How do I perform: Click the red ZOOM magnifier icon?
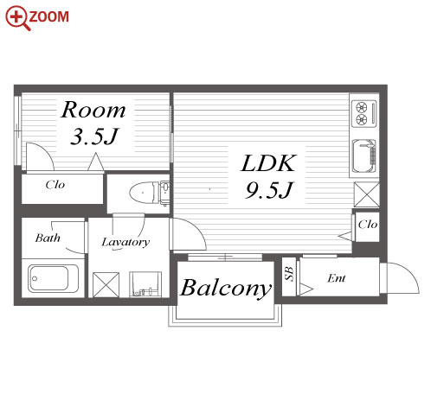[x=18, y=18]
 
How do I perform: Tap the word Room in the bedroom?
[x=93, y=110]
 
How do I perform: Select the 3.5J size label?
[x=94, y=136]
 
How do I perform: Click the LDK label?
[x=268, y=163]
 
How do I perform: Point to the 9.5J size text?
[x=269, y=190]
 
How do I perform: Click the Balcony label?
[x=226, y=289]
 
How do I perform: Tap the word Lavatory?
[x=125, y=243]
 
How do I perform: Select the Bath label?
[x=48, y=238]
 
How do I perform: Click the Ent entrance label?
[x=337, y=278]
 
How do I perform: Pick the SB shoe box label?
[x=289, y=274]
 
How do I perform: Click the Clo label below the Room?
[x=55, y=184]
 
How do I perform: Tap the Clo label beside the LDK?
[x=368, y=225]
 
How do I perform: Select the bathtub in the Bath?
[x=53, y=279]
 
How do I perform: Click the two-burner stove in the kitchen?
[x=364, y=113]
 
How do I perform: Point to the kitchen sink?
[x=364, y=156]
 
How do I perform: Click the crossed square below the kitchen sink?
[x=366, y=194]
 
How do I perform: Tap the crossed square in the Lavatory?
[x=106, y=284]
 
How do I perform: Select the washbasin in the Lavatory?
[x=145, y=283]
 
